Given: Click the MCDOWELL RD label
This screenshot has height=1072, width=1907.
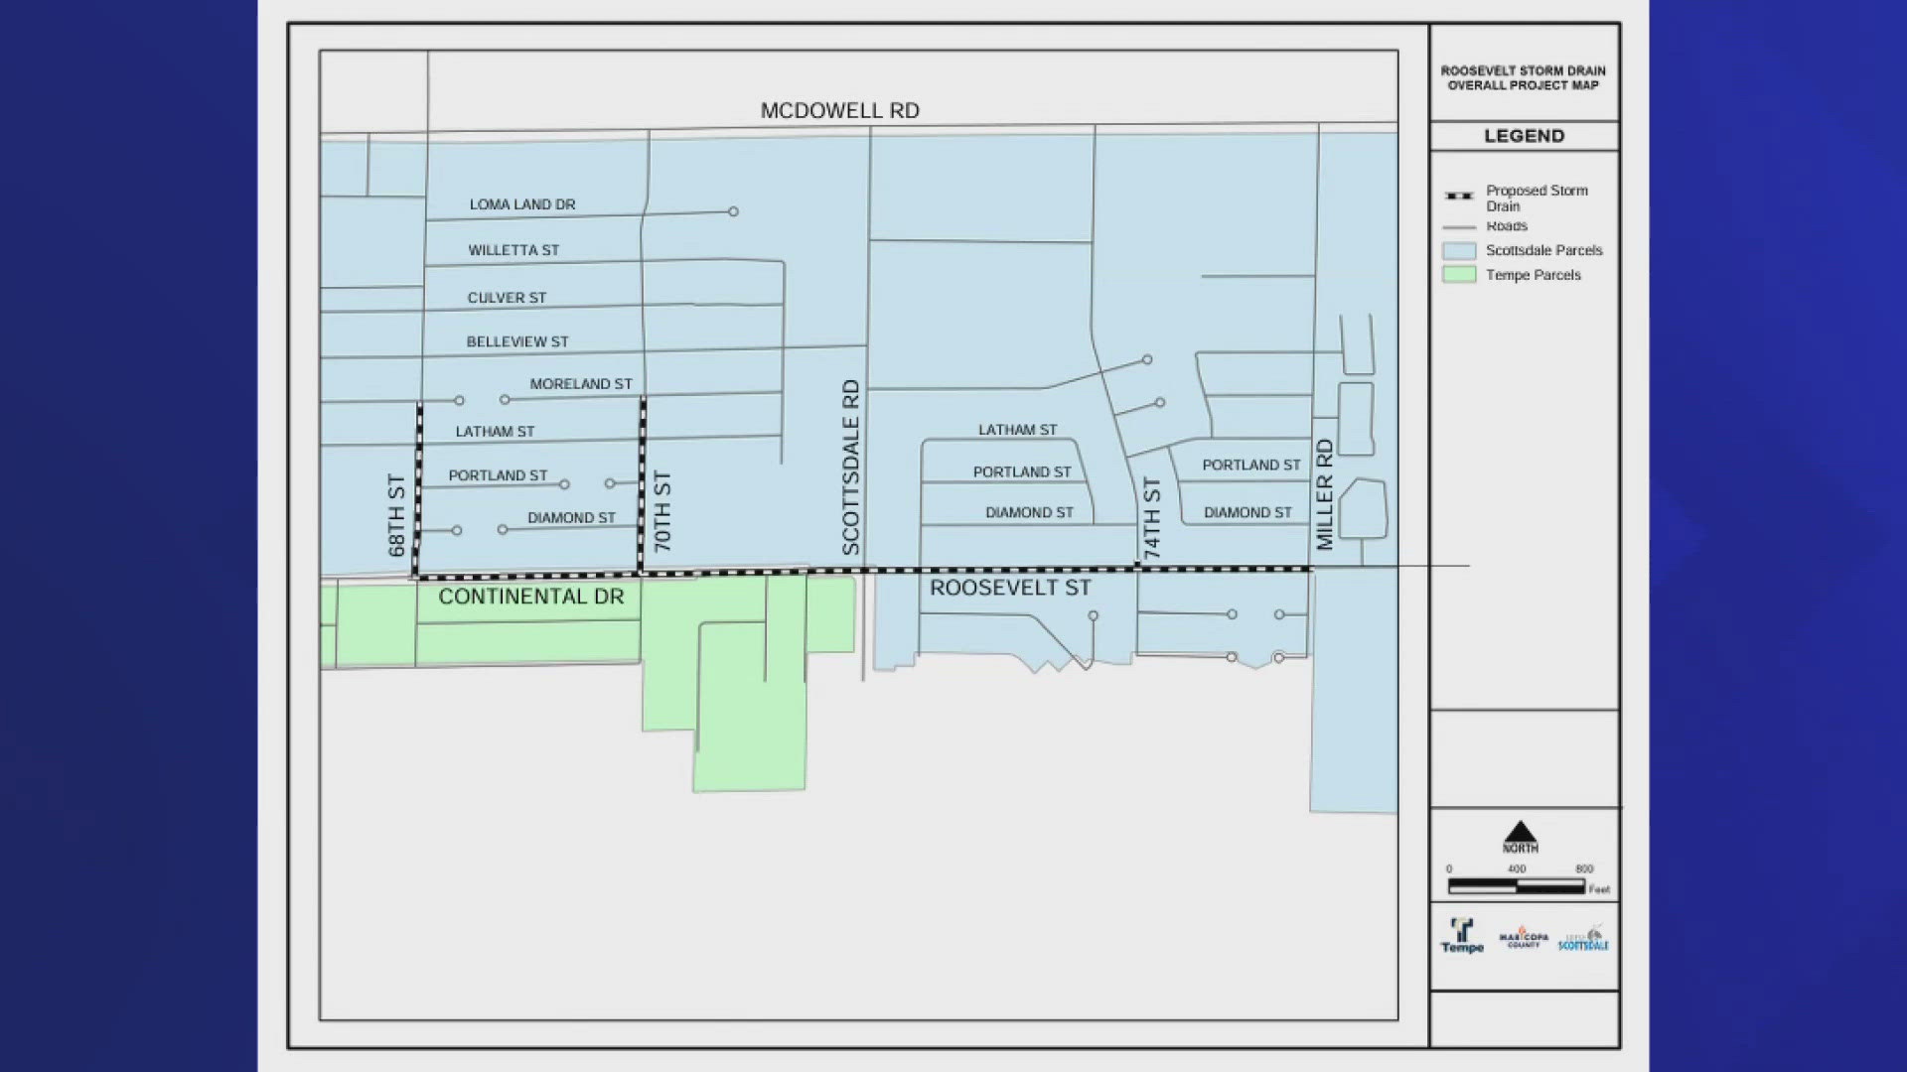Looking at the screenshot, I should [x=839, y=111].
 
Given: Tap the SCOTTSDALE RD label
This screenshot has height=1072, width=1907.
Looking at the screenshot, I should [x=851, y=467].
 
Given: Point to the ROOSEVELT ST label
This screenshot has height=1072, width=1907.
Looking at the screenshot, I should [x=1010, y=588].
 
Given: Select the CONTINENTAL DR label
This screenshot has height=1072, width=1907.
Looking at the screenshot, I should [x=531, y=597].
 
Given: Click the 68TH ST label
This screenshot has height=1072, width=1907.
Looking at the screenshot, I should [x=396, y=514].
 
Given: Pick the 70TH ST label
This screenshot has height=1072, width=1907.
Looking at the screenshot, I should [x=662, y=511].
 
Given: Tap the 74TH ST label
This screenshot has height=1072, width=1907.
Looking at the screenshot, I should [x=1152, y=518].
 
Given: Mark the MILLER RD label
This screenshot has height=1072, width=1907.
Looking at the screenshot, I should [x=1324, y=494].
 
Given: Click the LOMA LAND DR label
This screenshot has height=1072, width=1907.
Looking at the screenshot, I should [x=522, y=204].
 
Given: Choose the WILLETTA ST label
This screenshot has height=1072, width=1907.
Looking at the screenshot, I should [x=513, y=250].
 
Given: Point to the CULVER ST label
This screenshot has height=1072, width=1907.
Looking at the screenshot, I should [x=507, y=298].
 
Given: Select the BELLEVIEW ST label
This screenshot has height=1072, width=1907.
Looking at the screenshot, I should [x=517, y=341].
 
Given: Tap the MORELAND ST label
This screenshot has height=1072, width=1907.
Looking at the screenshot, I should [x=581, y=384].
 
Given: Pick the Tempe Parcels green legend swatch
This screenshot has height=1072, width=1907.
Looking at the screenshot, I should [x=1459, y=275].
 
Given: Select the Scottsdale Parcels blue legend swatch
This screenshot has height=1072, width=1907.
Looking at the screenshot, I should [x=1459, y=250].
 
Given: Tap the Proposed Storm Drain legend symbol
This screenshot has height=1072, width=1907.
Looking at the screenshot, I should [x=1459, y=196].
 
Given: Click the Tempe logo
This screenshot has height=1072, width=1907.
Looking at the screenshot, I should [x=1462, y=935].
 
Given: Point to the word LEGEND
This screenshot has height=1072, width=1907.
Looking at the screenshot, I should [x=1524, y=136].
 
